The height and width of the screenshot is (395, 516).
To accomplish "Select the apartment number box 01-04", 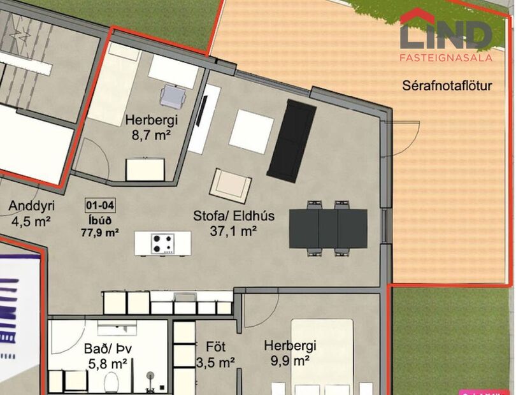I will click(x=100, y=206).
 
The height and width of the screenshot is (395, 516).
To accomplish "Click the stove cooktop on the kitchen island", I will click(x=162, y=243).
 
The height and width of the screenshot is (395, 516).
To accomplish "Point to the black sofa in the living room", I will click(x=291, y=140).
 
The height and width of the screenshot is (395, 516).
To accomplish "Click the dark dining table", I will click(x=328, y=227).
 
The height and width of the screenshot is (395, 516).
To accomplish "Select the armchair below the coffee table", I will click(x=231, y=185).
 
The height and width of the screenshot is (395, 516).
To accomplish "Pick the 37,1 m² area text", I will click(x=233, y=231).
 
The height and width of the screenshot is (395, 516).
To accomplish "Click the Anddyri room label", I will click(x=30, y=206).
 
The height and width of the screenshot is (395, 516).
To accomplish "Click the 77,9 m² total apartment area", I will click(x=100, y=233).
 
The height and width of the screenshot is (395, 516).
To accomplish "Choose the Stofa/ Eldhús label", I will click(x=234, y=216).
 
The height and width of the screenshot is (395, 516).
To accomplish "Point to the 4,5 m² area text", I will click(x=31, y=221).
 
